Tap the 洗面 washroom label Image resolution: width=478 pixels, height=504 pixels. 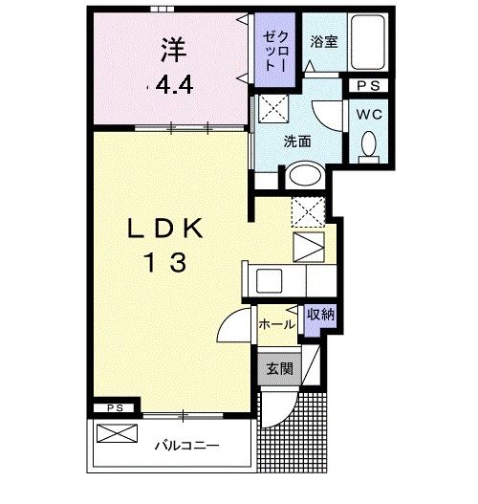click(x=296, y=141)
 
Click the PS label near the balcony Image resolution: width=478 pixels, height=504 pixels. click(x=115, y=407)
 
